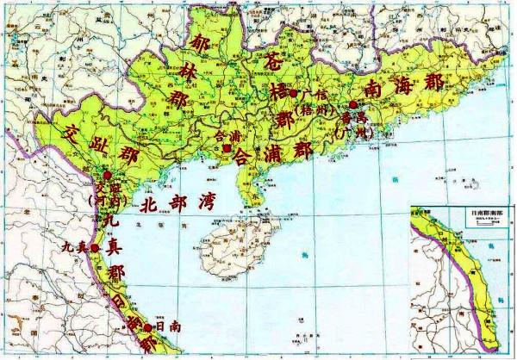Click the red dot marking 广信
pyautogui.click(x=293, y=93)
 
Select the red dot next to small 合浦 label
pyautogui.click(x=226, y=148)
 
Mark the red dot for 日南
pyautogui.click(x=148, y=327)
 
